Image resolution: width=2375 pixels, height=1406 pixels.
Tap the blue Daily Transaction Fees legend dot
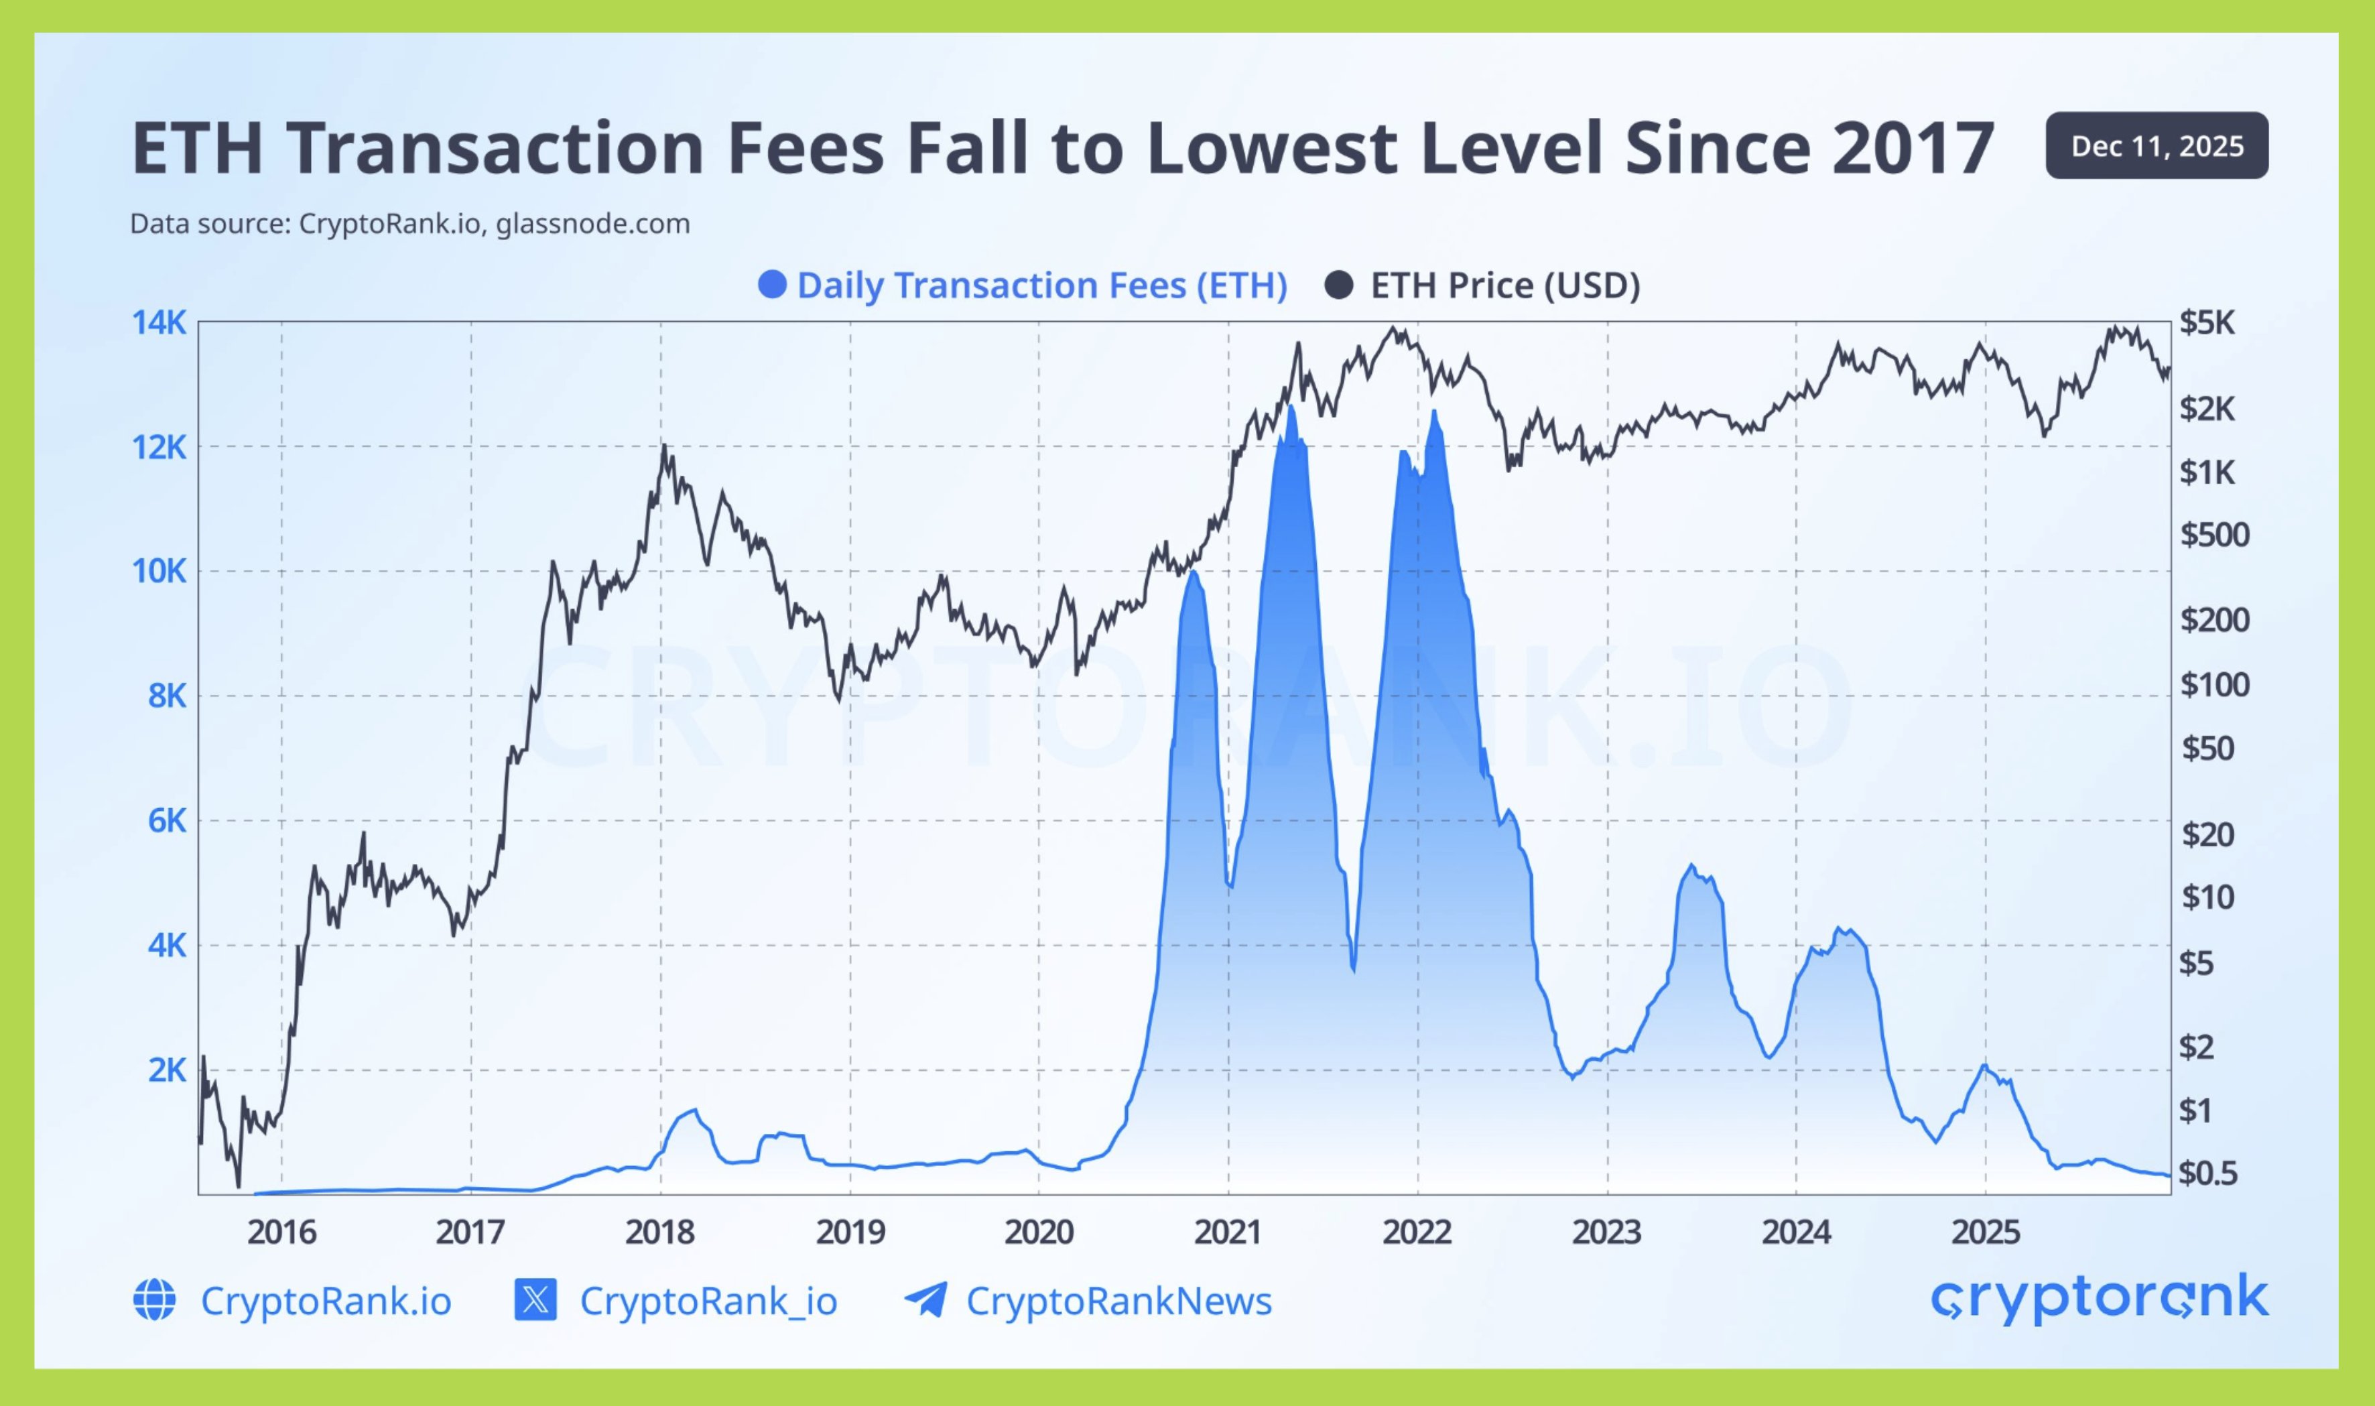tap(772, 285)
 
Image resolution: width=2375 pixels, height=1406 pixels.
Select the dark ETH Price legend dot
tap(1338, 285)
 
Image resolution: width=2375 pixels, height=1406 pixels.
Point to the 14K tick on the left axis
tap(159, 323)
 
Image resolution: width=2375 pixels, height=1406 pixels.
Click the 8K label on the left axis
tap(167, 696)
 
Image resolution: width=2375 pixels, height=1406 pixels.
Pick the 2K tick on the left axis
tap(167, 1070)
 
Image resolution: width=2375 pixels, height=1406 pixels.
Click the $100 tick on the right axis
tap(2214, 684)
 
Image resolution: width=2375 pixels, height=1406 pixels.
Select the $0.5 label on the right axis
tap(2207, 1173)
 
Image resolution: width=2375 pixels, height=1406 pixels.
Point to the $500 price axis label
tap(2214, 535)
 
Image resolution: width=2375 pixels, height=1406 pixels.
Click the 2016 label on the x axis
tap(281, 1232)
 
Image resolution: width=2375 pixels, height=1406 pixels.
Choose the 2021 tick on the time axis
tap(1228, 1232)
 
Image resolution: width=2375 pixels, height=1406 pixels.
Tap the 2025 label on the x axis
tap(1986, 1232)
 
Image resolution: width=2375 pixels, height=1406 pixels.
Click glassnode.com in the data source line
tap(592, 225)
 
